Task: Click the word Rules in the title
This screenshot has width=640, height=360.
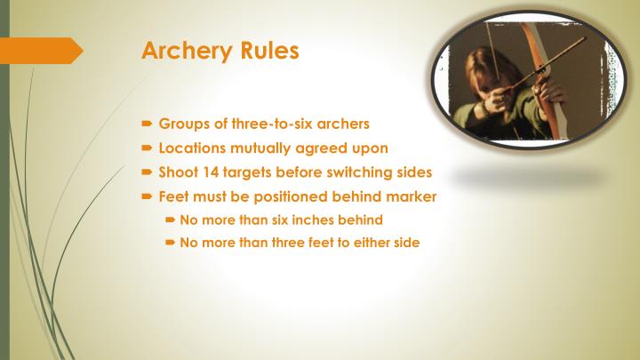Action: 268,50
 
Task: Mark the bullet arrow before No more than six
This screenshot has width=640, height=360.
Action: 170,220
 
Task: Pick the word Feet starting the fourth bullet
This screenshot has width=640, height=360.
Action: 174,196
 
